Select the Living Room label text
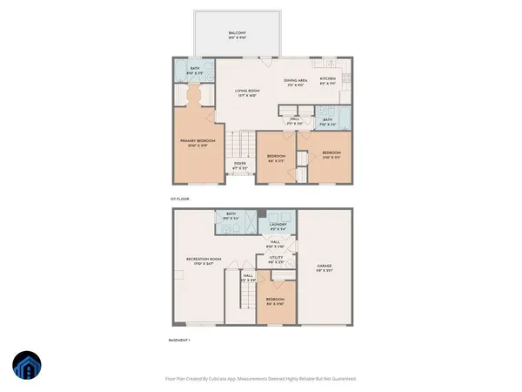248,93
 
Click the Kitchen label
327,81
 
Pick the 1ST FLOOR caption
180,199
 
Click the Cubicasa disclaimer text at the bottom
261,379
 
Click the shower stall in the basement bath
249,226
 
